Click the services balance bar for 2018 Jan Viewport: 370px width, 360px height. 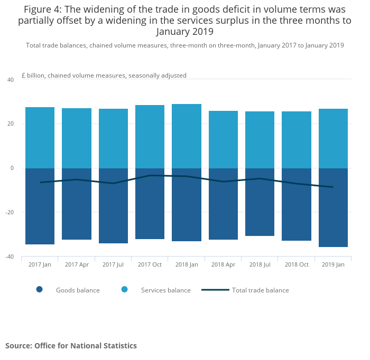point(187,136)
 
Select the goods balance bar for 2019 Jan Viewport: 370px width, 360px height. point(333,207)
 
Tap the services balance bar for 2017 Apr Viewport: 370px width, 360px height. point(77,138)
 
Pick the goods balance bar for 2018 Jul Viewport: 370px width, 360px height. point(260,202)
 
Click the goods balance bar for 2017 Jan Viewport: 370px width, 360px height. point(40,206)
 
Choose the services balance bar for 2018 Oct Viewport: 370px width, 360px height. point(297,140)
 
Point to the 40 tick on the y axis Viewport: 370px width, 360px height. point(11,80)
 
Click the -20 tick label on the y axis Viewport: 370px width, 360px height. point(10,212)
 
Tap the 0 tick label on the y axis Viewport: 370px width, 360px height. point(12,168)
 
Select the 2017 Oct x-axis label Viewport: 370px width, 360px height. point(150,264)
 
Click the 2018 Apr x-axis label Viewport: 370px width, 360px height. point(223,264)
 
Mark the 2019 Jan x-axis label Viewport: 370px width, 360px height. point(333,264)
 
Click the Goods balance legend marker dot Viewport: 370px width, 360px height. point(40,289)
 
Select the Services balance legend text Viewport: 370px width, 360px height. point(165,290)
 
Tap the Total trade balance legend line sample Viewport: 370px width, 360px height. point(215,290)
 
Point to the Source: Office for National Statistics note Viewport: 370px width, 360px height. point(71,346)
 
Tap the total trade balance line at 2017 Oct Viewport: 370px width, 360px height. point(150,175)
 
